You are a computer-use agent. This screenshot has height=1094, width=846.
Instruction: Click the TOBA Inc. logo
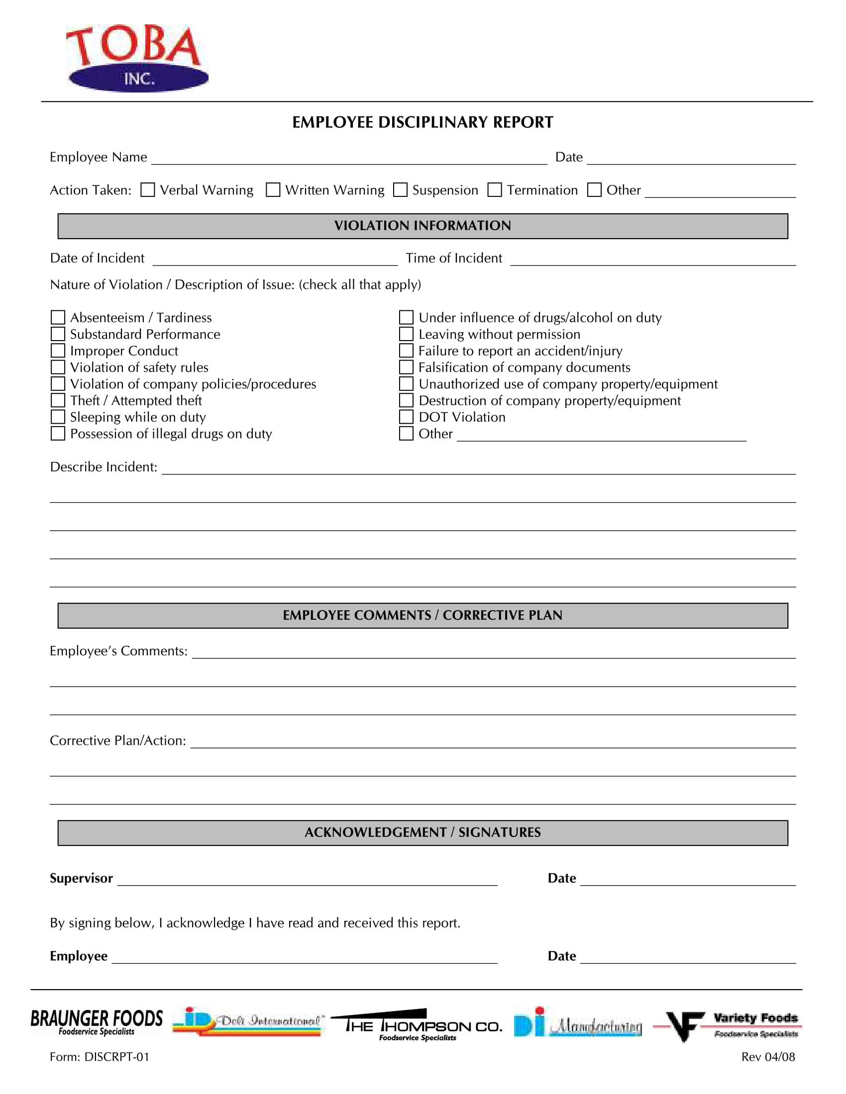click(136, 58)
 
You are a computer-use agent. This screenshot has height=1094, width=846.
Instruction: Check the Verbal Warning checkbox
click(147, 190)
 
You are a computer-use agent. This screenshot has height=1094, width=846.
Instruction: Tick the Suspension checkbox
click(400, 190)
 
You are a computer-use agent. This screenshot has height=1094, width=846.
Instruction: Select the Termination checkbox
click(495, 190)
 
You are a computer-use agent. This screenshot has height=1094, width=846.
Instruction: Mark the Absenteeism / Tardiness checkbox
click(58, 318)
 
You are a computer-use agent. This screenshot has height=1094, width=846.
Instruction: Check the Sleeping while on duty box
click(58, 417)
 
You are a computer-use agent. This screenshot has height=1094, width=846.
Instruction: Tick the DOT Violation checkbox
click(406, 417)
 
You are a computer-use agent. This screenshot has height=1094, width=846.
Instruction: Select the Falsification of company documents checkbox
click(406, 367)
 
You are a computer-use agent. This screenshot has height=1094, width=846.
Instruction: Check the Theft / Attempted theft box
click(58, 400)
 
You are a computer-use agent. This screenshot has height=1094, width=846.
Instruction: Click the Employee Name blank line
click(349, 159)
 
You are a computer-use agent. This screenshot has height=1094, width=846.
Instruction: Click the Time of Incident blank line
click(652, 261)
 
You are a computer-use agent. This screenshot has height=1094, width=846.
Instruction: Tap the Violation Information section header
click(423, 226)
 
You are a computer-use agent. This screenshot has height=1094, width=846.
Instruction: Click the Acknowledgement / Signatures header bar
click(423, 832)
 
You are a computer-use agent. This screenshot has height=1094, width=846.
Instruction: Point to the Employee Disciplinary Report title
click(423, 122)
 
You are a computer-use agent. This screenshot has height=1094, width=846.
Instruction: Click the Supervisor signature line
click(307, 881)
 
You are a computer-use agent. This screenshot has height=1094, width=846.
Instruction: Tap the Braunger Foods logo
click(96, 1022)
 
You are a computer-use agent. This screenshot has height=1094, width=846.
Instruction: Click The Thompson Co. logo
click(417, 1025)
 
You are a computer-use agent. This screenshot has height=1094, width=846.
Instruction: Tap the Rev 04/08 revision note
click(768, 1057)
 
